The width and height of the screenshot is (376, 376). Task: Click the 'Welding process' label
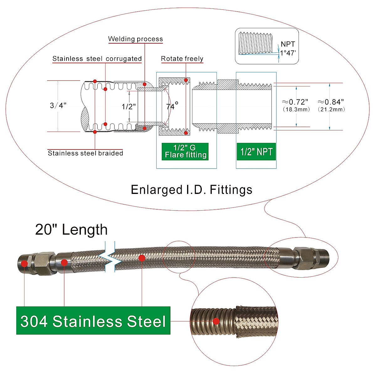pos(135,39)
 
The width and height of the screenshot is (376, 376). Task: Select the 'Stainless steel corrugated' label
pos(97,59)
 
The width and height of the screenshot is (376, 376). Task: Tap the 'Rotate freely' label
pos(182,59)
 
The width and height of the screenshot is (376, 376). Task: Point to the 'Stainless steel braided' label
pos(85,153)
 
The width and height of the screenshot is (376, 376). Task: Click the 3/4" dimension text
pos(58,105)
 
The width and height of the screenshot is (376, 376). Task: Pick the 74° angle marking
pos(172,106)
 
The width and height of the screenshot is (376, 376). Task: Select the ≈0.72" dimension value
pos(295,102)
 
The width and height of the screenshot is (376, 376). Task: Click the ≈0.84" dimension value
pos(331,102)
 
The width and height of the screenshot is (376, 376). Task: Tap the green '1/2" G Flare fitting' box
pos(185,152)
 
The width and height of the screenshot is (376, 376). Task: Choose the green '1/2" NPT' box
pos(256,152)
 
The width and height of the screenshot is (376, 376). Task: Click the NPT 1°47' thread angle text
pos(288,49)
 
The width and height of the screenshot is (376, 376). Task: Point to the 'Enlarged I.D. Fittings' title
pos(191,190)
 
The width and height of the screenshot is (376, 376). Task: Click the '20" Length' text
pos(71,230)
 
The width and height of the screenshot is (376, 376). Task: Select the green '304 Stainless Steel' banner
pos(93,321)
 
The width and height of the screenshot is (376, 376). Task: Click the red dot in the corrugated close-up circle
pos(216,321)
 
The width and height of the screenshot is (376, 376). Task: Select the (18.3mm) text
pos(296,109)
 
